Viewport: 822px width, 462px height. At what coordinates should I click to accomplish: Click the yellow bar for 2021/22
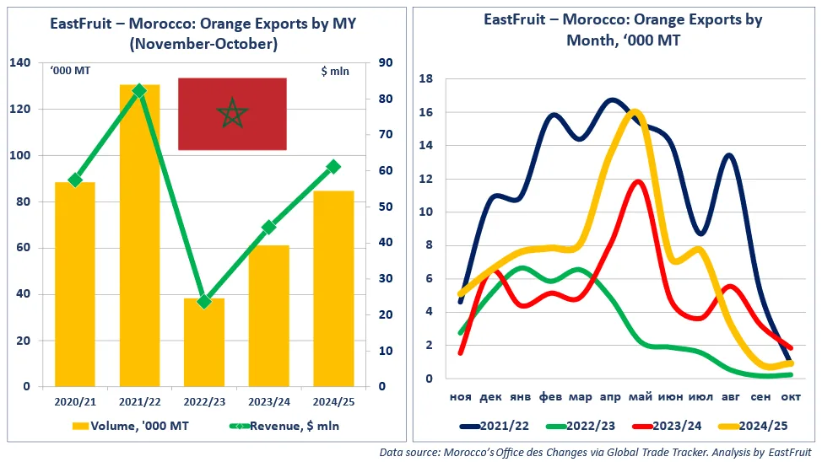point(139,236)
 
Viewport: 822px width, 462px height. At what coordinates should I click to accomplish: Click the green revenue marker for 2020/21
point(75,180)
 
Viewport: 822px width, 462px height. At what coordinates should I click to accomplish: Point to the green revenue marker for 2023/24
point(268,227)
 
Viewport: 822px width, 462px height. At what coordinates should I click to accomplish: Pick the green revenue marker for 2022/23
point(203,301)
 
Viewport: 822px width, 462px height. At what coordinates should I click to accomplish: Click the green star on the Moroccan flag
point(232,113)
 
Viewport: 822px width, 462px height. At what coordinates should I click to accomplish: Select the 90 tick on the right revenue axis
point(384,63)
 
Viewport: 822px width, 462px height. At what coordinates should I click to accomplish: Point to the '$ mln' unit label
point(334,72)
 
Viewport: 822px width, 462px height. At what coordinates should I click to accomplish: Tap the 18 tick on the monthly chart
point(426,79)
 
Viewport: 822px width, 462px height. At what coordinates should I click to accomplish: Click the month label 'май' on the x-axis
point(639,396)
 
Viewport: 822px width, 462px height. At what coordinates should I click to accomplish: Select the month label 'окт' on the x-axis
point(790,396)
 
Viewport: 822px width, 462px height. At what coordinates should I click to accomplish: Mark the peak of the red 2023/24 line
point(638,181)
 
